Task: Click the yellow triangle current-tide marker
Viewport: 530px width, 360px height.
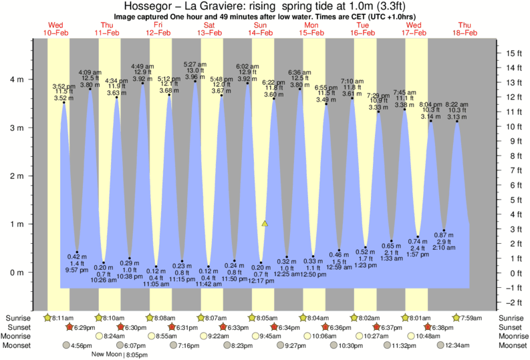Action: [x=265, y=224]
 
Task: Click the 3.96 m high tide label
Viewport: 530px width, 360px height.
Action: [x=194, y=77]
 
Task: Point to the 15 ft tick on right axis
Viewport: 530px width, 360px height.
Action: [x=513, y=53]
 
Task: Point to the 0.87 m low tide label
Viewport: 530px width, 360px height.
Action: [x=443, y=234]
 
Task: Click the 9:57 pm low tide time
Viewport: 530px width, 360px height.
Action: [x=78, y=271]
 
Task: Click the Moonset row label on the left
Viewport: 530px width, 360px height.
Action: [x=19, y=345]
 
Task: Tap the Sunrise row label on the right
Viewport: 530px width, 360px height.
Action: [x=513, y=317]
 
